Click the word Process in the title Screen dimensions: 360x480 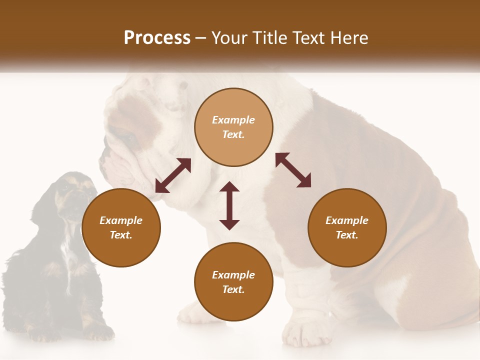pyautogui.click(x=157, y=38)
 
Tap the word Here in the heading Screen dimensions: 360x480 pyautogui.click(x=348, y=38)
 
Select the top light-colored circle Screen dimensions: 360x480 pyautogui.click(x=233, y=127)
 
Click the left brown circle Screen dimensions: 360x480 pyautogui.click(x=121, y=227)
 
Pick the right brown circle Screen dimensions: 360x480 pyautogui.click(x=347, y=227)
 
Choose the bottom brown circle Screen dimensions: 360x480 pyautogui.click(x=233, y=282)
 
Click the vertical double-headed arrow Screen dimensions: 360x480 pyautogui.click(x=229, y=205)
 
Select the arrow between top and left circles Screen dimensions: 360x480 pyautogui.click(x=173, y=175)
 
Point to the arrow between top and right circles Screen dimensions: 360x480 pyautogui.click(x=293, y=170)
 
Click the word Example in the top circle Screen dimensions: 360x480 pyautogui.click(x=233, y=120)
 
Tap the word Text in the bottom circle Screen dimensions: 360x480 pyautogui.click(x=233, y=289)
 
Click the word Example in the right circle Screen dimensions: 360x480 pyautogui.click(x=347, y=220)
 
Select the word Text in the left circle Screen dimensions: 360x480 pyautogui.click(x=121, y=235)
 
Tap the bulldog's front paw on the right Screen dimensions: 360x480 pyautogui.click(x=305, y=332)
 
